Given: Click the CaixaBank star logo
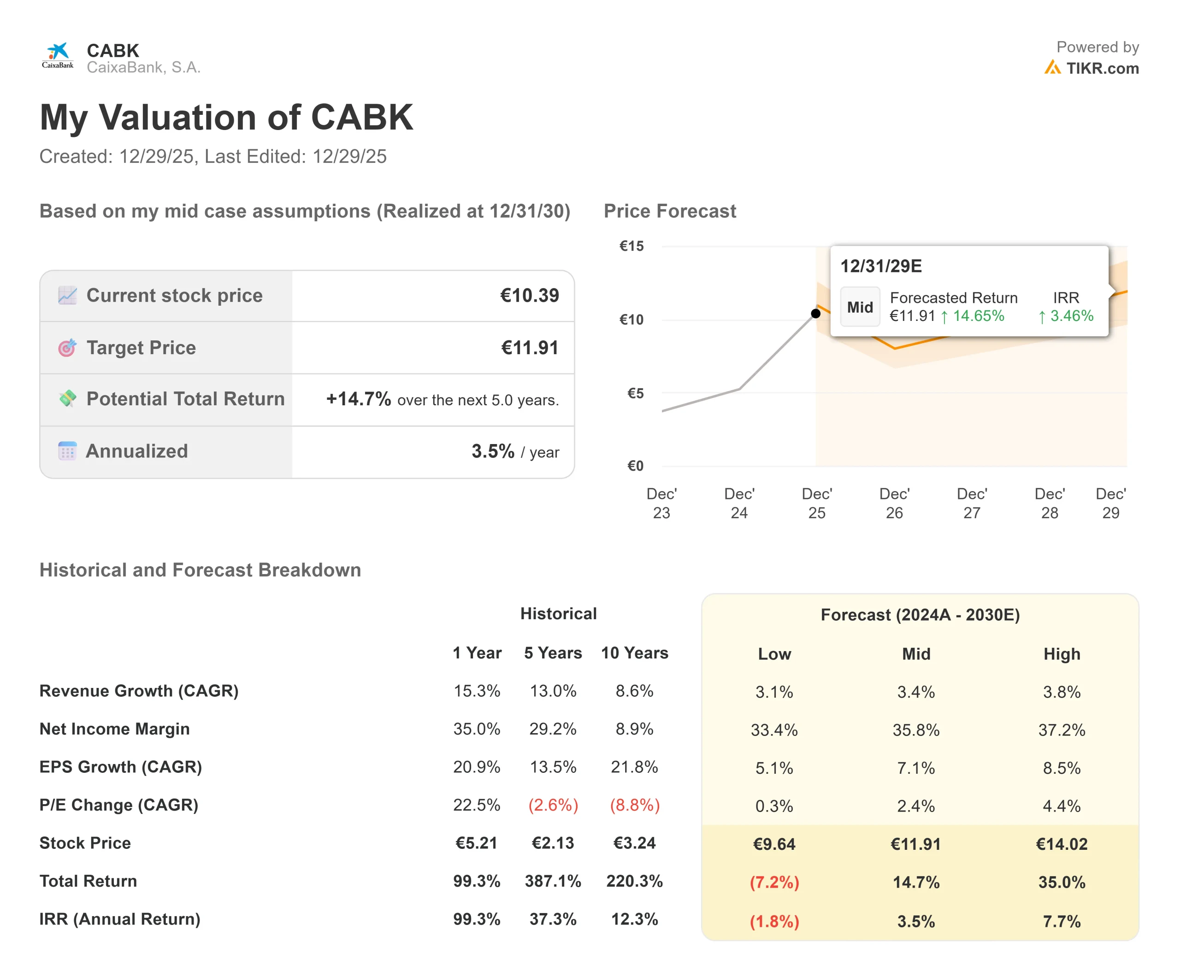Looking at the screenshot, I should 58,52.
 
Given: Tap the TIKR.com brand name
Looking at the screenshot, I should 1102,68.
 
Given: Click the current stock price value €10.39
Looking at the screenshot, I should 529,295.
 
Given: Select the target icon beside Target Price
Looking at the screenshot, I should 67,348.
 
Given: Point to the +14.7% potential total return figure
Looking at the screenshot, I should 358,399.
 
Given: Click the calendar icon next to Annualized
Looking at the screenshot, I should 67,451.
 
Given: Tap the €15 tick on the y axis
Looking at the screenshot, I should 631,246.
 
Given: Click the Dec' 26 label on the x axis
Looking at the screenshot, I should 894,503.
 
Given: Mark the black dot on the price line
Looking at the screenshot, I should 815,314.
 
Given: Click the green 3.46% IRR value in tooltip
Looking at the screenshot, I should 1071,316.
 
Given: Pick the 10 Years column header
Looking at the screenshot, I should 634,653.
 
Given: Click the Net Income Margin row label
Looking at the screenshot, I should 114,729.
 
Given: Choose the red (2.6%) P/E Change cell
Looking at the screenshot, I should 553,805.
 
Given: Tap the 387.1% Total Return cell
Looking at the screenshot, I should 553,881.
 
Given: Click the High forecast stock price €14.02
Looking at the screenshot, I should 1062,844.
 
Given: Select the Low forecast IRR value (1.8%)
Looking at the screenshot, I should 774,921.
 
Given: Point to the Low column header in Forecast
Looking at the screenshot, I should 774,654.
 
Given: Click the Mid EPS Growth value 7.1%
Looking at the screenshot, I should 916,768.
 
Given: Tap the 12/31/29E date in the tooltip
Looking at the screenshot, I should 880,266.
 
